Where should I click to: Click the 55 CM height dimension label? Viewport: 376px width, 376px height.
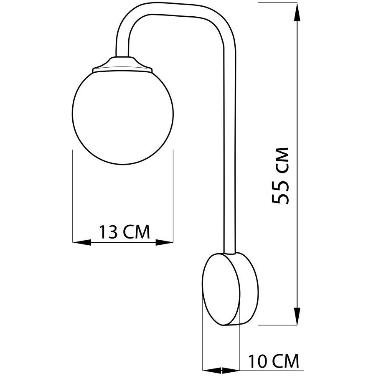point(281,175)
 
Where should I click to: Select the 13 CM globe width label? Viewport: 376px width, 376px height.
point(124,231)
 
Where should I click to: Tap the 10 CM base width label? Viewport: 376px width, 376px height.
point(273,361)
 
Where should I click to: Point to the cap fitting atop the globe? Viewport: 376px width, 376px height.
point(122,64)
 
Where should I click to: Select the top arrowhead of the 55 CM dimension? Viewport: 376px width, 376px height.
point(297,12)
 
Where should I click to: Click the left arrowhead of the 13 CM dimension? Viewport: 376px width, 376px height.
point(82,242)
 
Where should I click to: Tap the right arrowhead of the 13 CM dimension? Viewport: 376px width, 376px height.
point(164,242)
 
